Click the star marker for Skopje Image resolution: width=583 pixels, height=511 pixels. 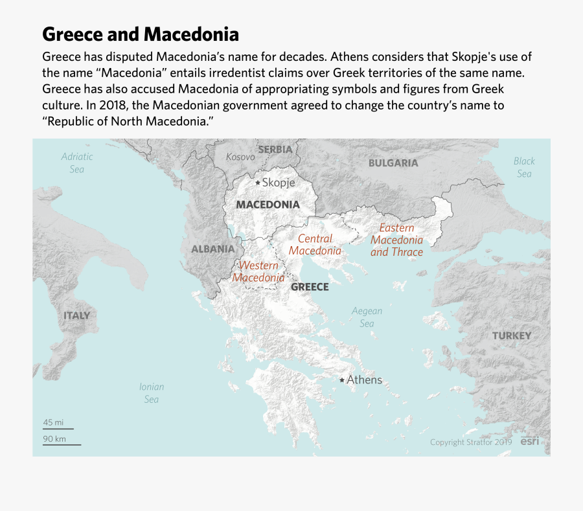click(257, 183)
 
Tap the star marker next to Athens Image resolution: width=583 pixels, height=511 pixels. click(342, 380)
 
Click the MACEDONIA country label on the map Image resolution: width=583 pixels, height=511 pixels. click(268, 205)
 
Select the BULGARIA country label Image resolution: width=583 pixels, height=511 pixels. click(393, 163)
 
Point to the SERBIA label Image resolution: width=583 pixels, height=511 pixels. click(275, 150)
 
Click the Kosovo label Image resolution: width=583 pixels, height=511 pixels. click(240, 157)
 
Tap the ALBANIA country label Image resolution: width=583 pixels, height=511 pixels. click(212, 249)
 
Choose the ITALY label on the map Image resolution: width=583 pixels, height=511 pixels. click(76, 315)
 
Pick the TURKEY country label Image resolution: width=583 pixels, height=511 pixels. click(511, 335)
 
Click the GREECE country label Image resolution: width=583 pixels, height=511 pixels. click(310, 287)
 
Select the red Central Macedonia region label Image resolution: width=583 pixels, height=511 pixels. click(315, 245)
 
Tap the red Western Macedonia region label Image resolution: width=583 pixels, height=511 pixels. click(258, 272)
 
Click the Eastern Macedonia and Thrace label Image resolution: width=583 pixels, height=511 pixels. click(396, 240)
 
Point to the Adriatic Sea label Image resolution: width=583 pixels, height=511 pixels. click(77, 163)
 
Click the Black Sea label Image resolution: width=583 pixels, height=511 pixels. click(524, 167)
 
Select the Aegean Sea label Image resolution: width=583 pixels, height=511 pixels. click(367, 317)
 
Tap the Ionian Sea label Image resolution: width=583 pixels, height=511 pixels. click(152, 393)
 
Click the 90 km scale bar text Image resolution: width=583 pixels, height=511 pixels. click(54, 438)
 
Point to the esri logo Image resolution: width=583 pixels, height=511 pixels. click(531, 441)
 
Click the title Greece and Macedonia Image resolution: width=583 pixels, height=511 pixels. click(141, 34)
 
